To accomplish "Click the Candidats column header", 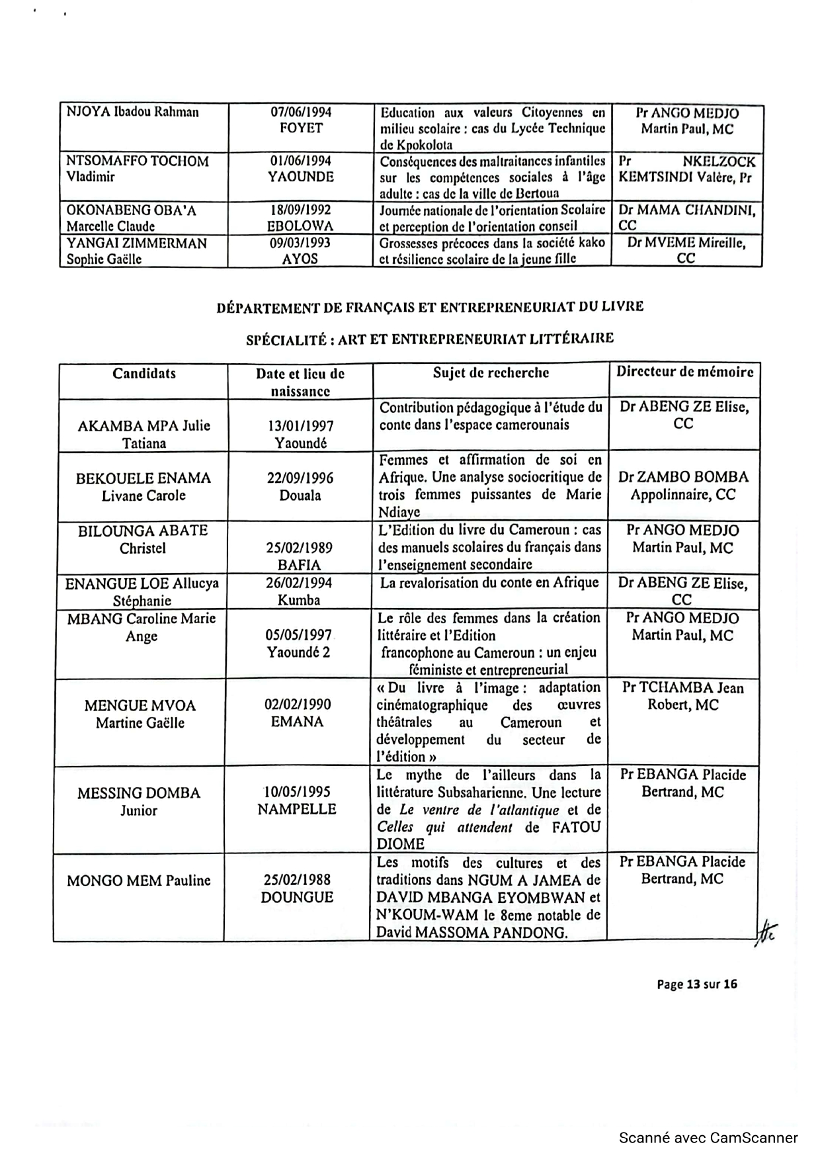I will [x=144, y=374].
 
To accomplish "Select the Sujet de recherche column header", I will [x=491, y=372].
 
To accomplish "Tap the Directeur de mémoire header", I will [x=684, y=372].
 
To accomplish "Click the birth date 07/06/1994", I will [x=301, y=112].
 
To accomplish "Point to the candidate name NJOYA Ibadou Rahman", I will [x=132, y=112].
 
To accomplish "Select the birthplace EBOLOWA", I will [x=300, y=226].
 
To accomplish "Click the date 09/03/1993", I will [x=300, y=243].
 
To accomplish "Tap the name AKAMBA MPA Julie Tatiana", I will [x=143, y=435].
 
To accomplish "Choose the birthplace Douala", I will [x=300, y=495].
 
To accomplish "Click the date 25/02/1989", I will [x=300, y=548].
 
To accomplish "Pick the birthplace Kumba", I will [x=300, y=601].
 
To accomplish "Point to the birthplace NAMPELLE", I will [x=297, y=810].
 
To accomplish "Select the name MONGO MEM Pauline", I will [x=139, y=881].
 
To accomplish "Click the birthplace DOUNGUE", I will [x=297, y=898].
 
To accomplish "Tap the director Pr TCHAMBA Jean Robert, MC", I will [x=683, y=697].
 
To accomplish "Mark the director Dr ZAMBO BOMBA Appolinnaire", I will [x=683, y=486].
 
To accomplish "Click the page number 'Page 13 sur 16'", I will [x=696, y=984].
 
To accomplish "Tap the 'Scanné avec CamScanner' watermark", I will [x=708, y=1138].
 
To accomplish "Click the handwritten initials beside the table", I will [x=766, y=933].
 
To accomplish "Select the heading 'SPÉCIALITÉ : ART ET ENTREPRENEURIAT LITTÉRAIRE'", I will [x=430, y=339].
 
